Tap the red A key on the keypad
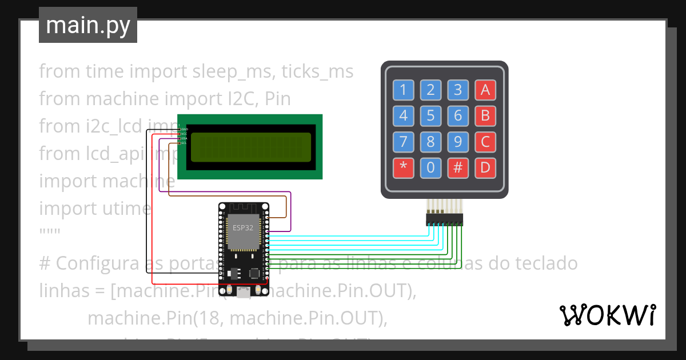[x=485, y=90]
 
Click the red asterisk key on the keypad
[x=404, y=168]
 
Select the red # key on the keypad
[x=458, y=168]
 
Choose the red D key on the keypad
[x=485, y=168]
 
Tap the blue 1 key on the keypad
[x=404, y=90]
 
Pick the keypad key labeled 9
[x=458, y=142]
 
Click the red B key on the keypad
[x=485, y=116]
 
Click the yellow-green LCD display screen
[x=250, y=147]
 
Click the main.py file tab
[x=88, y=25]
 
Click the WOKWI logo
[x=607, y=315]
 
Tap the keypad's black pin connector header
[x=444, y=219]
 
